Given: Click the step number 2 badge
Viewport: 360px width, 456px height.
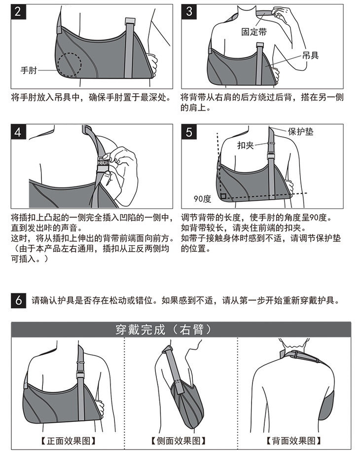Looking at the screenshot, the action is point(18,12).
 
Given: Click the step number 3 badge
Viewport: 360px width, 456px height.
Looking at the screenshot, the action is point(189,12).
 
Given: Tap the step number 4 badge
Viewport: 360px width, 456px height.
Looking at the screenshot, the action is point(18,132).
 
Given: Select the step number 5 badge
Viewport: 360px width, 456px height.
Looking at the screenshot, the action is point(189,132).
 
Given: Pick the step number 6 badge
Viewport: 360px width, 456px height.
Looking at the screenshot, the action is point(18,300).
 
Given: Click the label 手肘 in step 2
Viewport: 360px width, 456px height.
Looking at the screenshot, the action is point(29,70).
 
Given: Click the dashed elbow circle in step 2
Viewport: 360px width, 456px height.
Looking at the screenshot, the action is point(69,65).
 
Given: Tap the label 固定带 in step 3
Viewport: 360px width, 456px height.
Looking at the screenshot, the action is point(254,32).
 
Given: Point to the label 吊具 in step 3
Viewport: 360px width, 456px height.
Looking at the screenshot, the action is point(310,55).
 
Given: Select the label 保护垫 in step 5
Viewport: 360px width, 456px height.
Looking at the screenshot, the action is point(300,131).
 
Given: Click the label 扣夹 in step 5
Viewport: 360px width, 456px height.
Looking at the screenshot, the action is point(246,145).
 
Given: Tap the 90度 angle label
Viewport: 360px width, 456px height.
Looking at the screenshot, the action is point(202,199).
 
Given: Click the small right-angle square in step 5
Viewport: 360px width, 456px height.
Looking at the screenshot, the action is point(223,196).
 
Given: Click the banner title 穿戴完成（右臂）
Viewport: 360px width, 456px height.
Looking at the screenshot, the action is point(164,330).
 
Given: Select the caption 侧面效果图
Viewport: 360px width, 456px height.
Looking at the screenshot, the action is point(179,441).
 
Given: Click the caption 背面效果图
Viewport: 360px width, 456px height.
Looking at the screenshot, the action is point(293,441).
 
